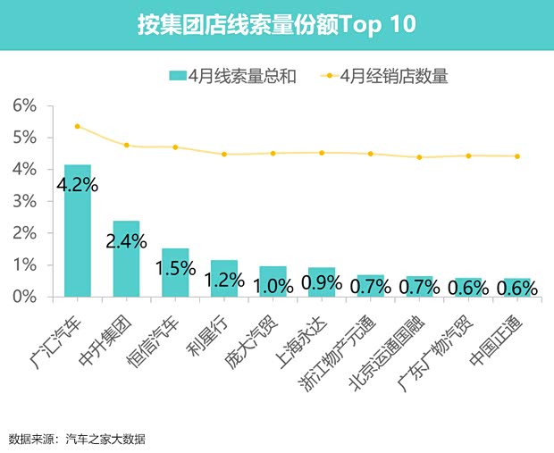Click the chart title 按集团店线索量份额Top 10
[x=276, y=24]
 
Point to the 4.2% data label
[x=78, y=186]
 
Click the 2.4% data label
[x=126, y=242]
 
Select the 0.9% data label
[x=321, y=281]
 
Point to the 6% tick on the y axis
[x=24, y=105]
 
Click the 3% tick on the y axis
[x=24, y=201]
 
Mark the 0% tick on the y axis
[x=24, y=297]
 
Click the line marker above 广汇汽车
[x=78, y=126]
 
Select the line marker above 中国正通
[x=516, y=156]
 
